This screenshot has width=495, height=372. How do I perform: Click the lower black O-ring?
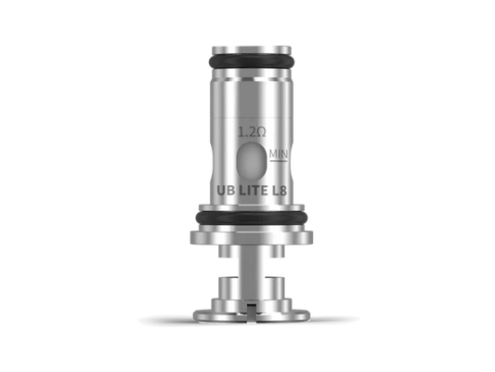(247, 219)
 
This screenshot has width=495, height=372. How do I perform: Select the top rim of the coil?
(247, 47)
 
